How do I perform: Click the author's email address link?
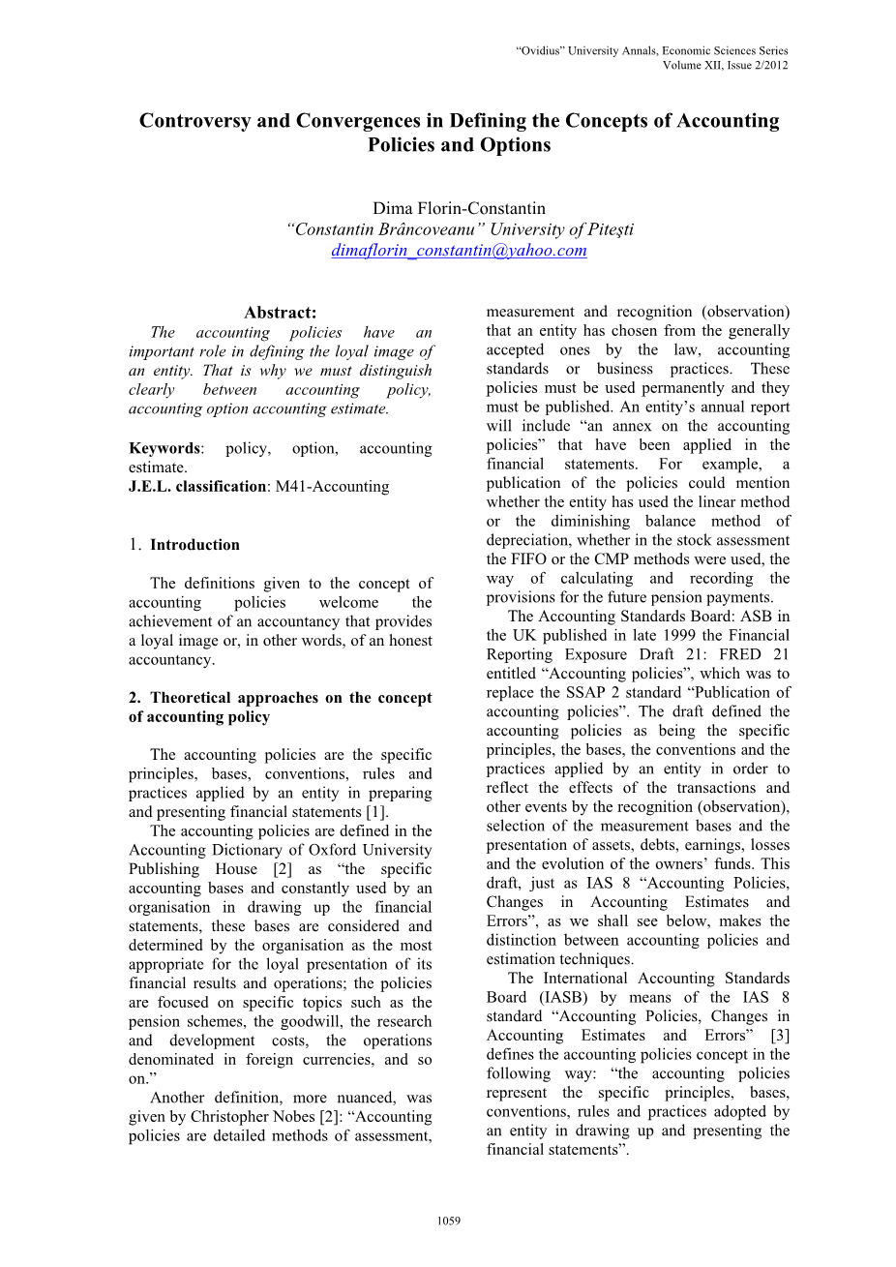(459, 251)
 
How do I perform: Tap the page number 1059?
(448, 1221)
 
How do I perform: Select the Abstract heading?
(280, 313)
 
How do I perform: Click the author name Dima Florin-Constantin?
(459, 208)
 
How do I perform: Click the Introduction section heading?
(194, 545)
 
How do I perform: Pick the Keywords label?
(164, 448)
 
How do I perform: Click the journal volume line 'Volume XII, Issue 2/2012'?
(725, 65)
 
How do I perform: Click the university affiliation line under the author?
(459, 229)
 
